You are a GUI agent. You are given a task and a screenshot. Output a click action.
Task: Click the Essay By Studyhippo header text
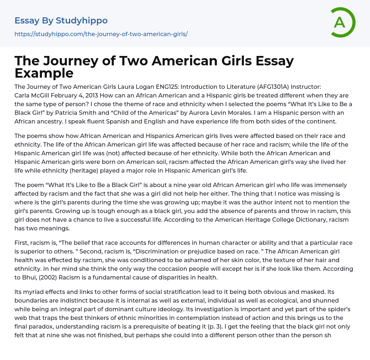pos(61,21)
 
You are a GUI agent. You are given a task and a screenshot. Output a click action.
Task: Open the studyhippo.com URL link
pos(101,34)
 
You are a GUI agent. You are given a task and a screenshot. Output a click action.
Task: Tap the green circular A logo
pos(340,22)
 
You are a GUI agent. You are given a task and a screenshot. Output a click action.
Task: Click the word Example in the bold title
pos(44,73)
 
